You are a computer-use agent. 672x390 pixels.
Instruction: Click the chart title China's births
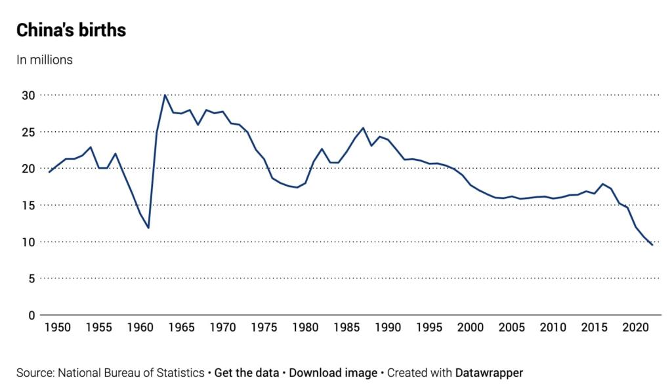tap(71, 30)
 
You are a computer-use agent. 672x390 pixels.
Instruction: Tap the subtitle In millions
tap(45, 60)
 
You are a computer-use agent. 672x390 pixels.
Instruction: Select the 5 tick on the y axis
tap(30, 278)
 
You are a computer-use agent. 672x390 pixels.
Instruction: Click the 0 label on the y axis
tap(30, 315)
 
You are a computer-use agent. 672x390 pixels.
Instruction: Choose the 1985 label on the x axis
tap(346, 328)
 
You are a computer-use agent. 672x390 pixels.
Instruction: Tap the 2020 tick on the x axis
tap(636, 328)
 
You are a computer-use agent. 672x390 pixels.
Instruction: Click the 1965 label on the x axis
tap(181, 328)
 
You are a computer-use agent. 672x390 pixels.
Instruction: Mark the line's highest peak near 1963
tap(165, 95)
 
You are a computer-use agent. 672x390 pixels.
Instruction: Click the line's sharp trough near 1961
tap(148, 228)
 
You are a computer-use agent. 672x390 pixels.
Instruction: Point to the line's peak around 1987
tap(363, 128)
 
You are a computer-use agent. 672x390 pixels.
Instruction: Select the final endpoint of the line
tap(652, 245)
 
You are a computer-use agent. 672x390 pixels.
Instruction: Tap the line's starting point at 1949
tap(49, 172)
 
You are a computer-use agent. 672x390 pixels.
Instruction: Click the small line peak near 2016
tap(602, 184)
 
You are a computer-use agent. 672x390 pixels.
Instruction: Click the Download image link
tap(333, 373)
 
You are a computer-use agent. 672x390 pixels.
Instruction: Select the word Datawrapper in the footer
tap(489, 373)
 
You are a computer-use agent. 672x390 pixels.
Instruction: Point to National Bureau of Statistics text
tap(131, 373)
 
